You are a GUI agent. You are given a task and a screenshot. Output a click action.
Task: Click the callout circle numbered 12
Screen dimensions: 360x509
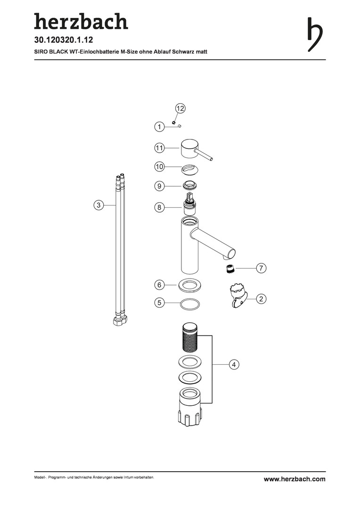click(180, 108)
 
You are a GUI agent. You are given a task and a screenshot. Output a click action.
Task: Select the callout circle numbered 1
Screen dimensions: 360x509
click(159, 126)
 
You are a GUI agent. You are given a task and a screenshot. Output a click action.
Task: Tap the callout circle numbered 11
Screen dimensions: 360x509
click(159, 148)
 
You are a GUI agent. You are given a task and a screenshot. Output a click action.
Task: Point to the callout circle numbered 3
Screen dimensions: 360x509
click(98, 205)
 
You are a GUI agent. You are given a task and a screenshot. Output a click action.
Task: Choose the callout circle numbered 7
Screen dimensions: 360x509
click(261, 268)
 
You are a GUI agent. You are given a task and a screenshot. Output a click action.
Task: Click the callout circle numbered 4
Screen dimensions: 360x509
click(234, 364)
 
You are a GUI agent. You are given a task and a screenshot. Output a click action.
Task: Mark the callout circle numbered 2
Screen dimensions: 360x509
click(261, 298)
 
